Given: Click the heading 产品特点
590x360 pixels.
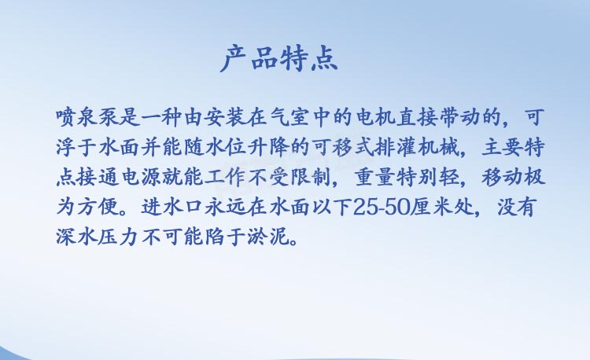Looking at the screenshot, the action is [x=278, y=59].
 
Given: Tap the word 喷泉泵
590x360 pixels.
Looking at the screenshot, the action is [x=88, y=118].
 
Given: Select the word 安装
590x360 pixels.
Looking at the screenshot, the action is [x=226, y=118].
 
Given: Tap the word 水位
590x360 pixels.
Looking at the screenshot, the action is [x=226, y=147].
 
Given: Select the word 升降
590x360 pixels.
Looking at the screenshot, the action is [x=268, y=147].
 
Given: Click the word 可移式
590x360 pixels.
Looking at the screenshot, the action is [x=342, y=147].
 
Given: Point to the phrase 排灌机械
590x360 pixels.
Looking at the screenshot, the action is [x=417, y=147].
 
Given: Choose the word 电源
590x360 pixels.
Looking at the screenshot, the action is [x=140, y=178].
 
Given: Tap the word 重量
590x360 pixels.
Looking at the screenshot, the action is [x=374, y=178].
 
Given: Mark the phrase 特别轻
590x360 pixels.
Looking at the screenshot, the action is [x=427, y=178].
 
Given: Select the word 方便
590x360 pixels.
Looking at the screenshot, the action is [x=98, y=207].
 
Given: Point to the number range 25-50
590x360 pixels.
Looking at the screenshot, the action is [x=382, y=207].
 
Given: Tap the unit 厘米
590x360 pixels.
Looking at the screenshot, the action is [x=431, y=207].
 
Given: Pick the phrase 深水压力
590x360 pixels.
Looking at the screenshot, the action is [x=98, y=237].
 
